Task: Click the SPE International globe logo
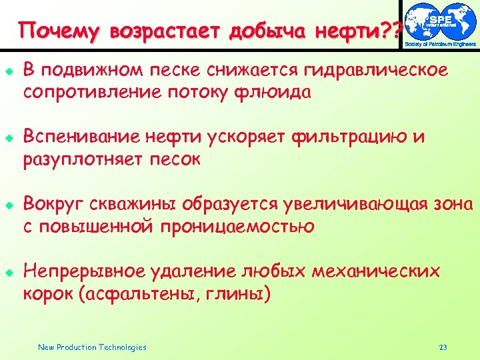pos(441,23)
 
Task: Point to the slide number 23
pos(443,347)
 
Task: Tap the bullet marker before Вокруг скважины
pos(9,204)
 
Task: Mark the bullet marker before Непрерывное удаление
pos(9,272)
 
